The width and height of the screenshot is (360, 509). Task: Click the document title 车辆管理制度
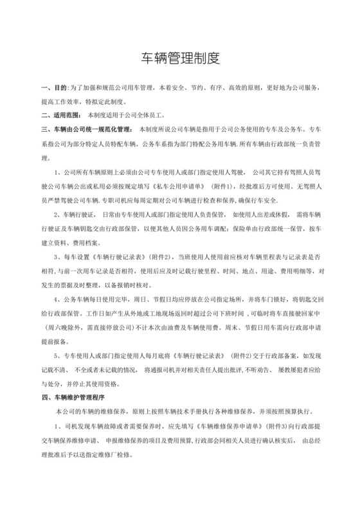point(180,58)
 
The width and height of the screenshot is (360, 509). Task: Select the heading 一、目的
point(53,87)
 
